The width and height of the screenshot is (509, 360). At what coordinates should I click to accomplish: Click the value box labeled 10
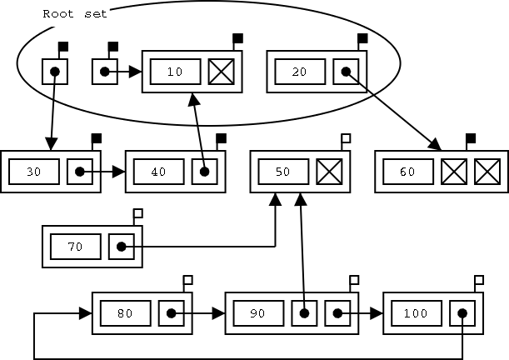pyautogui.click(x=175, y=72)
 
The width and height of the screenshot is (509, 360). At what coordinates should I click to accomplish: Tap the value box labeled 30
pyautogui.click(x=34, y=172)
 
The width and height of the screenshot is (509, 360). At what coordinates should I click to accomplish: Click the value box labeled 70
pyautogui.click(x=76, y=247)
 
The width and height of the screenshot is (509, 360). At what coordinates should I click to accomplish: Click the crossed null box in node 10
pyautogui.click(x=221, y=72)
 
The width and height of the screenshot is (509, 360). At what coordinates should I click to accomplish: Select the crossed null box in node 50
pyautogui.click(x=329, y=172)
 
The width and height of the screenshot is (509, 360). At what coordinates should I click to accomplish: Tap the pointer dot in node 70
pyautogui.click(x=122, y=247)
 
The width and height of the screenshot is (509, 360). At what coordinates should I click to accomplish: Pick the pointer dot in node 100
pyautogui.click(x=462, y=313)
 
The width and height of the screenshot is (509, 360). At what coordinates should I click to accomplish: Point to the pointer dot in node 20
pyautogui.click(x=346, y=72)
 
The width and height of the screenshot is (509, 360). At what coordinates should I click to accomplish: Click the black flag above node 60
pyautogui.click(x=471, y=137)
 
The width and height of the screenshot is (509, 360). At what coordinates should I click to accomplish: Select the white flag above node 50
pyautogui.click(x=346, y=137)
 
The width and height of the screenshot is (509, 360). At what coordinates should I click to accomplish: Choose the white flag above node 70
pyautogui.click(x=138, y=212)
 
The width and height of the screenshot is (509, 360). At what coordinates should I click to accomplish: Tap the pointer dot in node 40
pyautogui.click(x=204, y=172)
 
